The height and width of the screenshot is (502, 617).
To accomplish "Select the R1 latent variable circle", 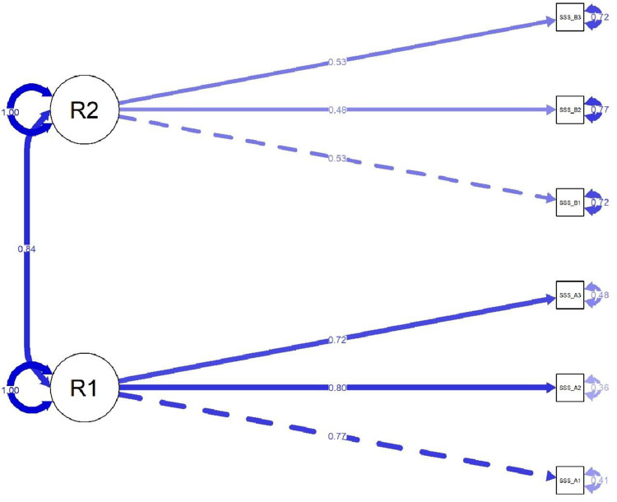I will click(x=85, y=388).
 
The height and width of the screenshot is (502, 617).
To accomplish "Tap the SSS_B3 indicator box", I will click(x=570, y=17).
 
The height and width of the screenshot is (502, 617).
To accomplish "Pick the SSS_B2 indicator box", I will click(x=570, y=109).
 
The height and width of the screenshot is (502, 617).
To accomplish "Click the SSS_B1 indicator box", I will click(x=570, y=202).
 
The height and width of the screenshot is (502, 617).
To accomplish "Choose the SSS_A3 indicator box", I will click(x=570, y=295).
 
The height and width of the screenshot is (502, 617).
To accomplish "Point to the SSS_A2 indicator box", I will click(x=570, y=388).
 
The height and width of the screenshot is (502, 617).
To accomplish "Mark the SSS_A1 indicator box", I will click(x=570, y=480).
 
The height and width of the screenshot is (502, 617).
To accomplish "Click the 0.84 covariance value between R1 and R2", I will click(x=26, y=249).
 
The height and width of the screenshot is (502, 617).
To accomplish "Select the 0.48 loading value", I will click(x=338, y=109).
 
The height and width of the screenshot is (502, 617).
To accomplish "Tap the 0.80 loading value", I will click(x=338, y=388).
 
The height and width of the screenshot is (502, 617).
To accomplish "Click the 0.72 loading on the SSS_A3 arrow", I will click(x=338, y=339).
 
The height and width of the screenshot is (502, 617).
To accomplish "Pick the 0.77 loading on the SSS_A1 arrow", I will click(x=338, y=436).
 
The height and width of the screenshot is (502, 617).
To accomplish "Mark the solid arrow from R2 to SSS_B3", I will click(x=247, y=79).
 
